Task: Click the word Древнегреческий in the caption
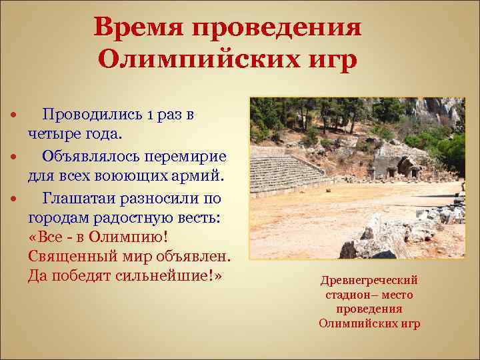[x=369, y=279]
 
